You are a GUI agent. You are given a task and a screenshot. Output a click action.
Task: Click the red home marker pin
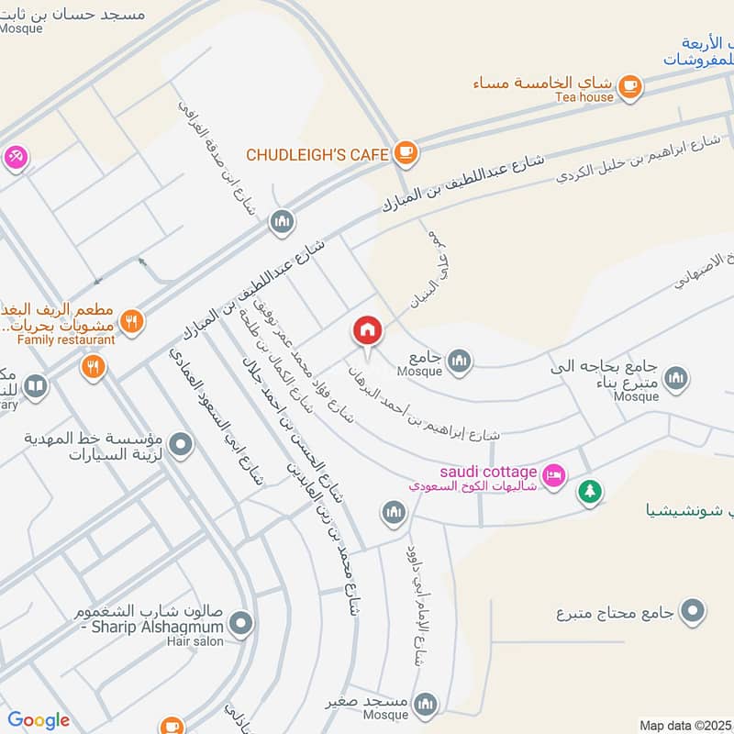tap(367, 330)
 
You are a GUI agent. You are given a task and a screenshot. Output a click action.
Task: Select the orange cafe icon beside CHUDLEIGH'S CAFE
tap(406, 152)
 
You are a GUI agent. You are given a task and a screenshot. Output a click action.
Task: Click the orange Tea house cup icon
tap(629, 85)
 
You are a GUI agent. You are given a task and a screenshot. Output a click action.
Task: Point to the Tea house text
tap(584, 97)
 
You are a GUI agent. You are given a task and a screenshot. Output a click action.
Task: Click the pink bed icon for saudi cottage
tap(554, 475)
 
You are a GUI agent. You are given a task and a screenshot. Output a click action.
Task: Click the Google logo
tap(39, 720)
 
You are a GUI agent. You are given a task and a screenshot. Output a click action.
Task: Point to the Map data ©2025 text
tap(684, 725)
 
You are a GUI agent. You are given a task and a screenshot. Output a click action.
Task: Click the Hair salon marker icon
tap(241, 626)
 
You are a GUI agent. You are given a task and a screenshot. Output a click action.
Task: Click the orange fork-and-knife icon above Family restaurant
tap(133, 321)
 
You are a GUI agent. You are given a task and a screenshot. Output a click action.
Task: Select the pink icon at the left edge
tap(16, 158)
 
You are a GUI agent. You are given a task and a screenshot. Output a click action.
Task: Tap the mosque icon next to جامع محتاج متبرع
tap(694, 610)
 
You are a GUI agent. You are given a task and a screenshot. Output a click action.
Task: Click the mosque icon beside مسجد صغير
tap(424, 703)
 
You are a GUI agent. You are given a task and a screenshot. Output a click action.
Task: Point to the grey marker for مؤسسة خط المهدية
tap(182, 445)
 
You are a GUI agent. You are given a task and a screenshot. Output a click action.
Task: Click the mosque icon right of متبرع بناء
tap(676, 377)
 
